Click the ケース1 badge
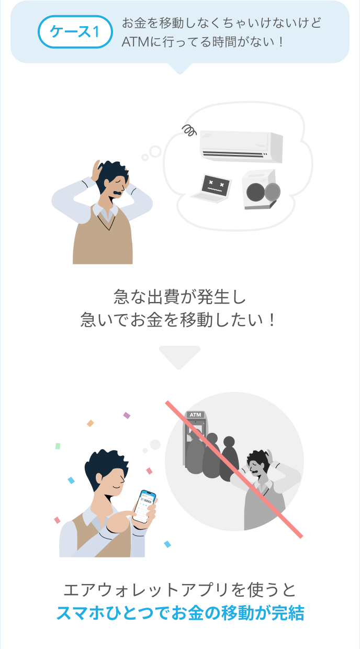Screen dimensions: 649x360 [x=75, y=32]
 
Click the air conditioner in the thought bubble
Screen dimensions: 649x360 [x=241, y=144]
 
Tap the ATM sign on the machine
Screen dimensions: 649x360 [x=195, y=415]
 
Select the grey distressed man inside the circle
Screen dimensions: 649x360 [x=264, y=489]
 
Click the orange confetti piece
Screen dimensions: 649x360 [x=91, y=423]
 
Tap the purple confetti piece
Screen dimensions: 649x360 [x=127, y=415]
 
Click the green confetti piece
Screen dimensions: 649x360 [x=58, y=446]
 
